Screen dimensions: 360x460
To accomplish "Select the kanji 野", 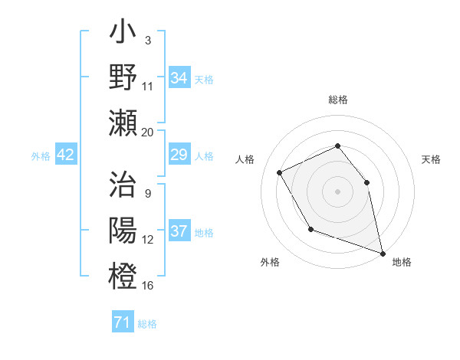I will click(123, 77).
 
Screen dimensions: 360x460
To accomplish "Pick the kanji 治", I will click(123, 186).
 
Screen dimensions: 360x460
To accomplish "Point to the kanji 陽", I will click(123, 231).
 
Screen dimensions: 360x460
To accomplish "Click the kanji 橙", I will click(123, 275).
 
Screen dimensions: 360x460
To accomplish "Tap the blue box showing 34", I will click(179, 77).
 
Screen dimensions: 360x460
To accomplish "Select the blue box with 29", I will click(179, 155).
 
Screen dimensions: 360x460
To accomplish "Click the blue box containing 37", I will click(179, 231).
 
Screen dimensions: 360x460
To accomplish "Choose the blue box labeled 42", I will click(66, 155).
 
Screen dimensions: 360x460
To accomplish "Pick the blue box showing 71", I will click(122, 322).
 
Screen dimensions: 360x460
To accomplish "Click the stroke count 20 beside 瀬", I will click(148, 132).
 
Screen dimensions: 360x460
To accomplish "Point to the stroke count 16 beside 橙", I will click(148, 286).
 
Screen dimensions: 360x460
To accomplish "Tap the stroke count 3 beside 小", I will click(147, 39).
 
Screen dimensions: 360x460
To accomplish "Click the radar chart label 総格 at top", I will click(337, 100).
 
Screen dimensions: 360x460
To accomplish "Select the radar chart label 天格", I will click(431, 159).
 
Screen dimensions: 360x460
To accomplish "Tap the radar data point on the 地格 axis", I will click(383, 253).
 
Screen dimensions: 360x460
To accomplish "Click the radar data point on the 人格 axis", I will click(280, 172).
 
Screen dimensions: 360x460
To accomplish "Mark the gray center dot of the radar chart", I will click(337, 191).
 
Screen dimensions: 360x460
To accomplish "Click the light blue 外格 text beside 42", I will click(41, 156).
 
